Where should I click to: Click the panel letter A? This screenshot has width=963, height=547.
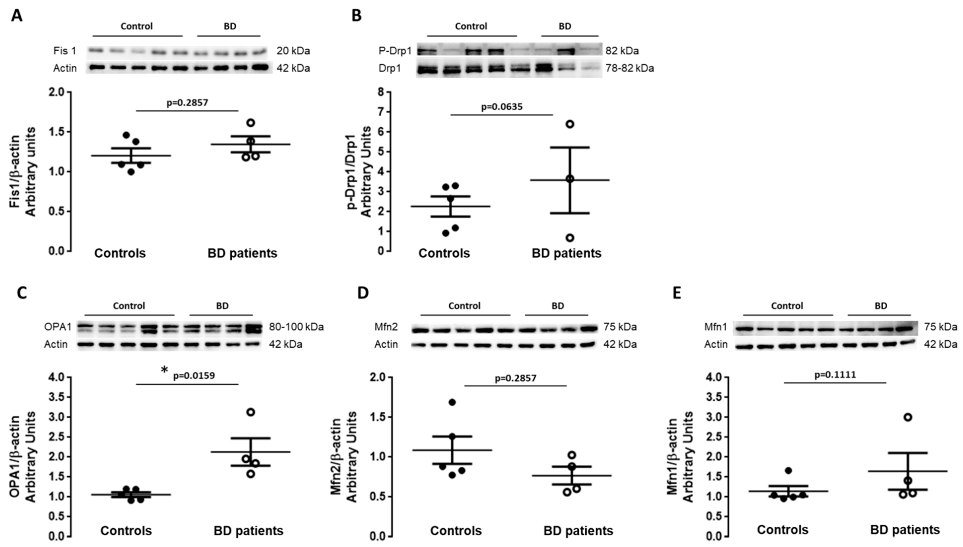point(17,16)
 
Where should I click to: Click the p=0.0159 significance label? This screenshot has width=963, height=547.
point(194,376)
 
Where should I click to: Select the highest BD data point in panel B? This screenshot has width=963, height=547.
point(570,124)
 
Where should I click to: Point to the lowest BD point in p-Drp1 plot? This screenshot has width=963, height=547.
point(570,238)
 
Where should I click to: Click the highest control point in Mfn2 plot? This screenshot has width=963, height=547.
point(452,402)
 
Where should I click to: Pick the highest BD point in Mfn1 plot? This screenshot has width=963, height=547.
point(908,417)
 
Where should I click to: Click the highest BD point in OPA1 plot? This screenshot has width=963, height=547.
point(250,412)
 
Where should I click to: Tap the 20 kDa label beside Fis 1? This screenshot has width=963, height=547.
point(293,51)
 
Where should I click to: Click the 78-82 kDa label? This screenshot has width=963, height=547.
point(629,68)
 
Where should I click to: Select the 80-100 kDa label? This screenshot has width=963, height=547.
point(296,327)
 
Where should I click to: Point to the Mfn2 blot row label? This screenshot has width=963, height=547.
point(386,327)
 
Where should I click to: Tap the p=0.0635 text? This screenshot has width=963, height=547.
point(501,107)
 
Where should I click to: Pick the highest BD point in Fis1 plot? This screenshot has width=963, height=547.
point(250,123)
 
